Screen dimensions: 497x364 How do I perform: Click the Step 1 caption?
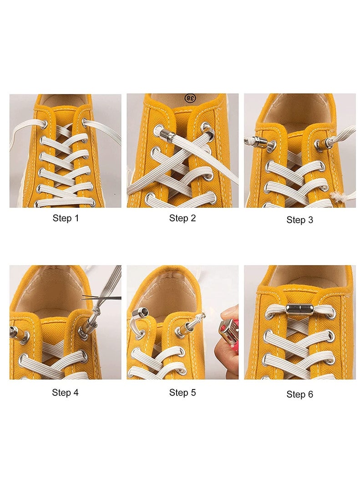(x=66, y=218)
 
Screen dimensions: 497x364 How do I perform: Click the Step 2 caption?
(x=182, y=218)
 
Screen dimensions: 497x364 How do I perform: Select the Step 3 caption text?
(x=299, y=220)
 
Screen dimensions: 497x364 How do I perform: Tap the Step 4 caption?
(x=65, y=392)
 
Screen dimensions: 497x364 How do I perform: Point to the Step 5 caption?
(x=182, y=392)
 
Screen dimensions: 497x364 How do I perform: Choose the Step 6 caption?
(x=299, y=394)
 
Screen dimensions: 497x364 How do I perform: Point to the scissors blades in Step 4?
(x=102, y=298)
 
